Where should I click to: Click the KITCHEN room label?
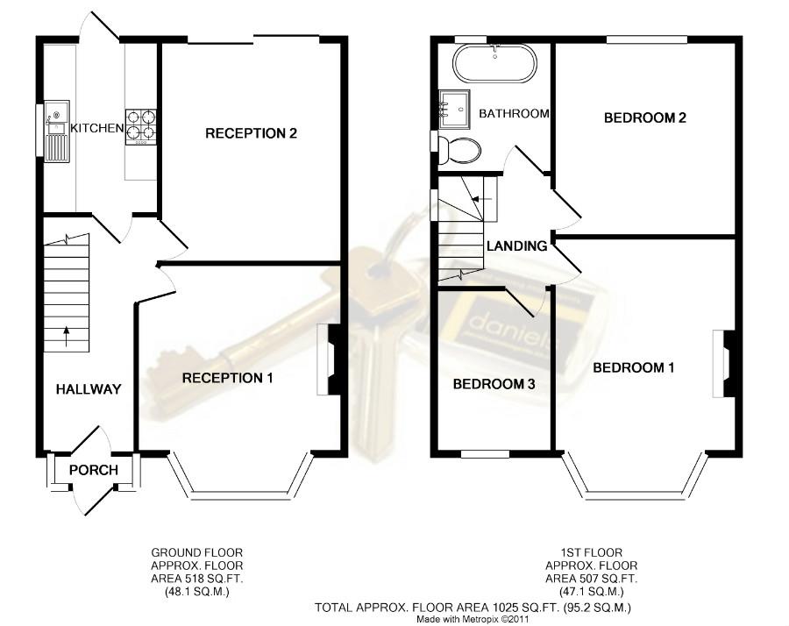click(96, 128)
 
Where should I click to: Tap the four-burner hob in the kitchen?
click(140, 127)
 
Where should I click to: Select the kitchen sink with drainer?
click(57, 132)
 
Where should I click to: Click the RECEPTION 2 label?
click(251, 133)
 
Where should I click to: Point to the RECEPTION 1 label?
click(227, 378)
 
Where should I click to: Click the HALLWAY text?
click(89, 389)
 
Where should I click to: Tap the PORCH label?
click(94, 470)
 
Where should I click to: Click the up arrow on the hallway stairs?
click(67, 337)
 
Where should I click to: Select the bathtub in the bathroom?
click(494, 64)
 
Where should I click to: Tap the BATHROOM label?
click(514, 114)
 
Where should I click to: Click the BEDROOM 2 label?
click(645, 117)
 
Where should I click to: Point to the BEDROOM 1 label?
click(634, 367)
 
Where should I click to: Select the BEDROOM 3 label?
click(494, 385)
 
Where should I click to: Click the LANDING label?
click(516, 246)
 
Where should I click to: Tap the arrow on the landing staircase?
click(480, 199)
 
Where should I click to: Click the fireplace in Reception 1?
click(329, 359)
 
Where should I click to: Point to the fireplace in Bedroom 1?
click(725, 363)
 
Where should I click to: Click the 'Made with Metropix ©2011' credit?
click(473, 620)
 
